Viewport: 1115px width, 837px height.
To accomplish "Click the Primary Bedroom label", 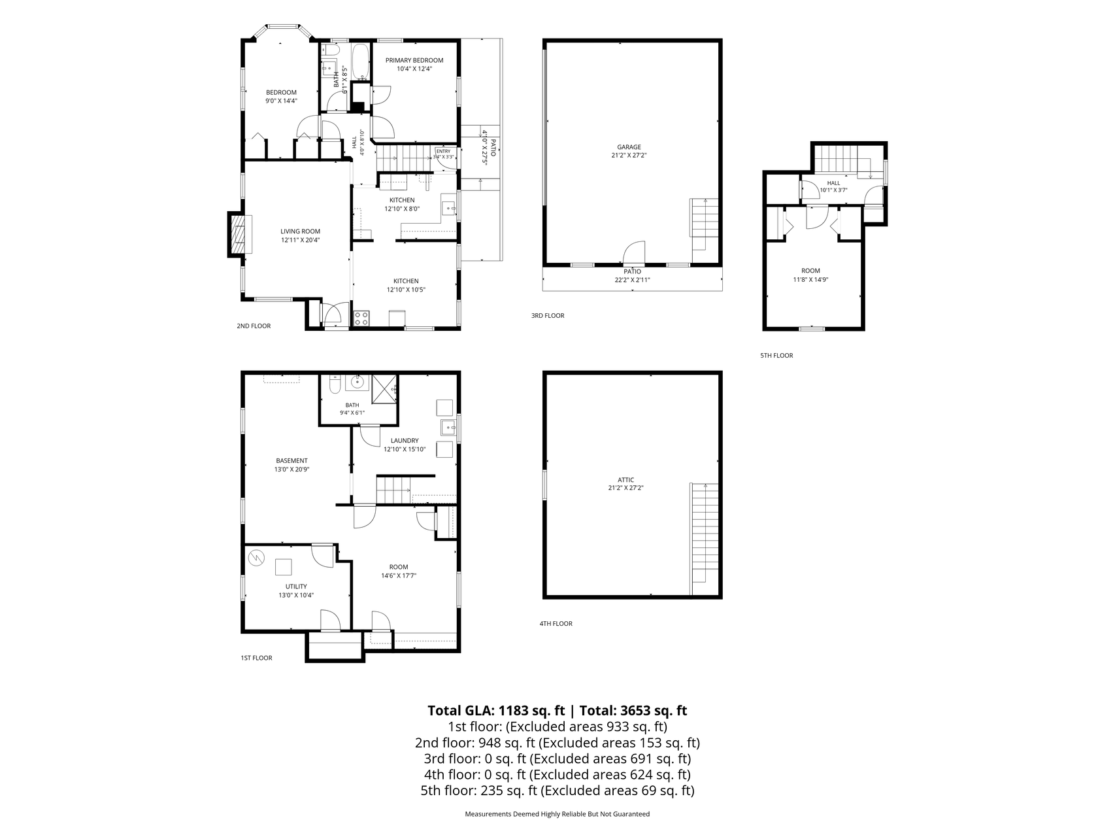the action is (x=414, y=60).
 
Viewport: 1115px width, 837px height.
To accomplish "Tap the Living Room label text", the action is (x=301, y=231).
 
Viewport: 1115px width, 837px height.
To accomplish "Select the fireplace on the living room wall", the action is (x=237, y=233).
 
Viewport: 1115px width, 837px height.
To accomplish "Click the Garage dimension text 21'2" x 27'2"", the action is (x=629, y=156).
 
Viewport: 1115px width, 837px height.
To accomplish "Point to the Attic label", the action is (x=626, y=479).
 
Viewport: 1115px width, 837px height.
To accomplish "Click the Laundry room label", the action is (x=405, y=441).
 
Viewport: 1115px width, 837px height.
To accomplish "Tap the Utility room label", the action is (x=296, y=587).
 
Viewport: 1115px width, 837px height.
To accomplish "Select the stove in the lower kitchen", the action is (x=361, y=319).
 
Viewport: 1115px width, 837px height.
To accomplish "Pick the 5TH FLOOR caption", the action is (x=776, y=356).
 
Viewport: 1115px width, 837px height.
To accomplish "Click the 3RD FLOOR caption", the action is (x=548, y=316).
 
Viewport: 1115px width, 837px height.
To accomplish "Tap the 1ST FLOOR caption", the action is (x=256, y=658).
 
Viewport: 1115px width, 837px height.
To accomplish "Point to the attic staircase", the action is (x=704, y=534).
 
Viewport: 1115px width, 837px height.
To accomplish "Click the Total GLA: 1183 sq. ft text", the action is (x=496, y=711).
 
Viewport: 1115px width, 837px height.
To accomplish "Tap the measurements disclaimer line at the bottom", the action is (x=557, y=814).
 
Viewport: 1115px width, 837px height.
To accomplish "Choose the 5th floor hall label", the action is (x=833, y=183).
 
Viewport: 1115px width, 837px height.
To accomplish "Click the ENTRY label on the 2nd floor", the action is (x=443, y=151).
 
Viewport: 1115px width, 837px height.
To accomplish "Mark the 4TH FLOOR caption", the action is (x=556, y=624).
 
